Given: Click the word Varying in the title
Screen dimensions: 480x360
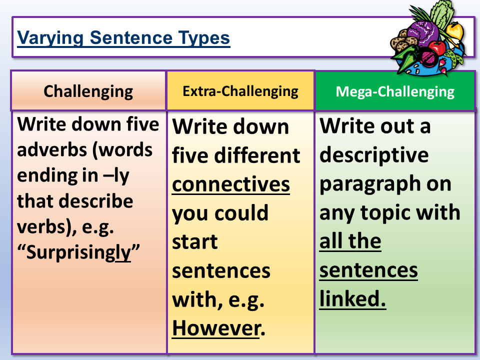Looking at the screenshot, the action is click(x=50, y=38).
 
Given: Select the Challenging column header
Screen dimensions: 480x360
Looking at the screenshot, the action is click(x=88, y=91).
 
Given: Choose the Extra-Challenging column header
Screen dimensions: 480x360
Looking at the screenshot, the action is click(x=240, y=91).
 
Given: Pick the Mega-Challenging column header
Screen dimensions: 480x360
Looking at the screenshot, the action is click(x=395, y=91).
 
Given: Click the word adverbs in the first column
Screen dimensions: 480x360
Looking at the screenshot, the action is click(x=52, y=149).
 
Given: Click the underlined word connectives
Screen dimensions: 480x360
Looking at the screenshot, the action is click(x=231, y=184).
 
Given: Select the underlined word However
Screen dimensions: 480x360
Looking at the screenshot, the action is click(x=216, y=328).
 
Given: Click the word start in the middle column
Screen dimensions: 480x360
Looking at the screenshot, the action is click(x=194, y=241).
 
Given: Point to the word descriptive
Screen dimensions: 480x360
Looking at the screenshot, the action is click(x=374, y=155).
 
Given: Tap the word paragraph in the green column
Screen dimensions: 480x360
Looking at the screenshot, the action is click(x=366, y=184).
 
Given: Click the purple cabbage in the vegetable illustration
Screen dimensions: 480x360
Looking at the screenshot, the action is click(x=423, y=31).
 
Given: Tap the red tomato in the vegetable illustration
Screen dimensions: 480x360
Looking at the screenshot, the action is click(x=437, y=48).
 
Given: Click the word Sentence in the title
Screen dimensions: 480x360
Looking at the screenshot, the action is click(x=131, y=38).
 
